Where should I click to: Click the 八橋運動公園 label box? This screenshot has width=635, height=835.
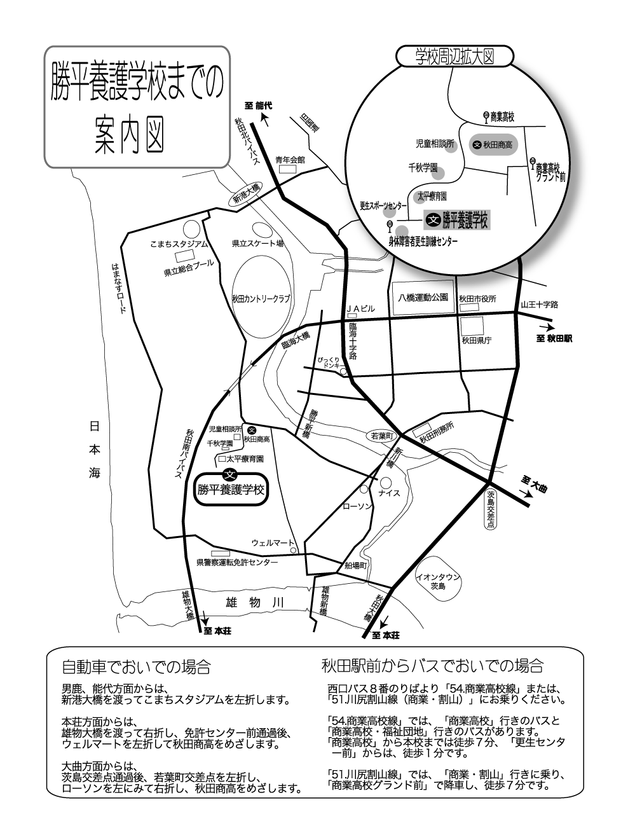tap(423, 298)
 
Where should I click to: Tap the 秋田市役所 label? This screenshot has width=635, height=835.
tap(477, 299)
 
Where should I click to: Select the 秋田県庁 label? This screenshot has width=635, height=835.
tap(477, 340)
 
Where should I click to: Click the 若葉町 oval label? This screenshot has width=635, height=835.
tap(382, 436)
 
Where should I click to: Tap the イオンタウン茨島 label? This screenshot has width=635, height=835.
tap(437, 582)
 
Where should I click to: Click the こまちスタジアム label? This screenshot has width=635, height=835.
tap(179, 244)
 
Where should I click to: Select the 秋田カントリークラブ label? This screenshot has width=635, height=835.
tap(261, 299)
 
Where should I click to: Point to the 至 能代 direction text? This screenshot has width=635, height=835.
tap(259, 106)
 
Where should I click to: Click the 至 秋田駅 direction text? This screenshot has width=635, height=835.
tap(554, 338)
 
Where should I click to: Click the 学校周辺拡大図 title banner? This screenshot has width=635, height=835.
tap(455, 57)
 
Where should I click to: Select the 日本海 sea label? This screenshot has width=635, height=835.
tap(94, 450)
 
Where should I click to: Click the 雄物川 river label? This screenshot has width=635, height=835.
tap(255, 603)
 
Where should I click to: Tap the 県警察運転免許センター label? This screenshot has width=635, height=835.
tap(237, 563)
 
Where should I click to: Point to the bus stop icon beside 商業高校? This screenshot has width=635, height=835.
tap(486, 117)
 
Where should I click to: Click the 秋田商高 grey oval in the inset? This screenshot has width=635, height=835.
tap(493, 144)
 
